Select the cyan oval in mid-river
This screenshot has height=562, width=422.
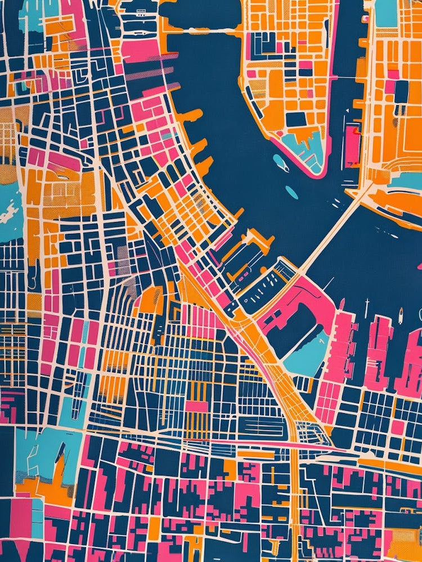(291, 192)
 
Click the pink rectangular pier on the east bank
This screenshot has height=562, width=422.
(353, 143)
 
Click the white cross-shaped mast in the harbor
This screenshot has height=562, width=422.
(367, 307)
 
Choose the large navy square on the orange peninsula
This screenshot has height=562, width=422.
(296, 119)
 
